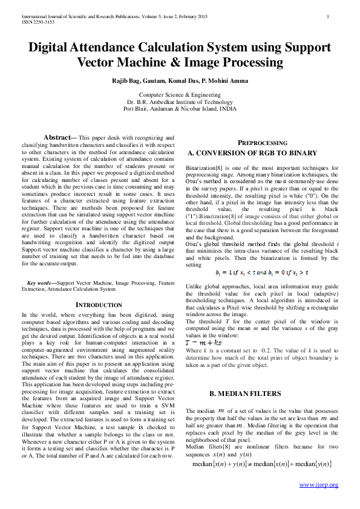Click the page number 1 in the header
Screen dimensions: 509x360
pyautogui.click(x=327, y=16)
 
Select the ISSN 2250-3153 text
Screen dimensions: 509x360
pyautogui.click(x=38, y=22)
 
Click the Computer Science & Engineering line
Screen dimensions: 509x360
pyautogui.click(x=180, y=95)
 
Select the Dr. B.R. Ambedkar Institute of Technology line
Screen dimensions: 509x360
pyautogui.click(x=180, y=102)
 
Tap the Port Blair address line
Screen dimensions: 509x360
pyautogui.click(x=180, y=109)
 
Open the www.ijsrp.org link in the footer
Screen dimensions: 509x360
pyautogui.click(x=319, y=485)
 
